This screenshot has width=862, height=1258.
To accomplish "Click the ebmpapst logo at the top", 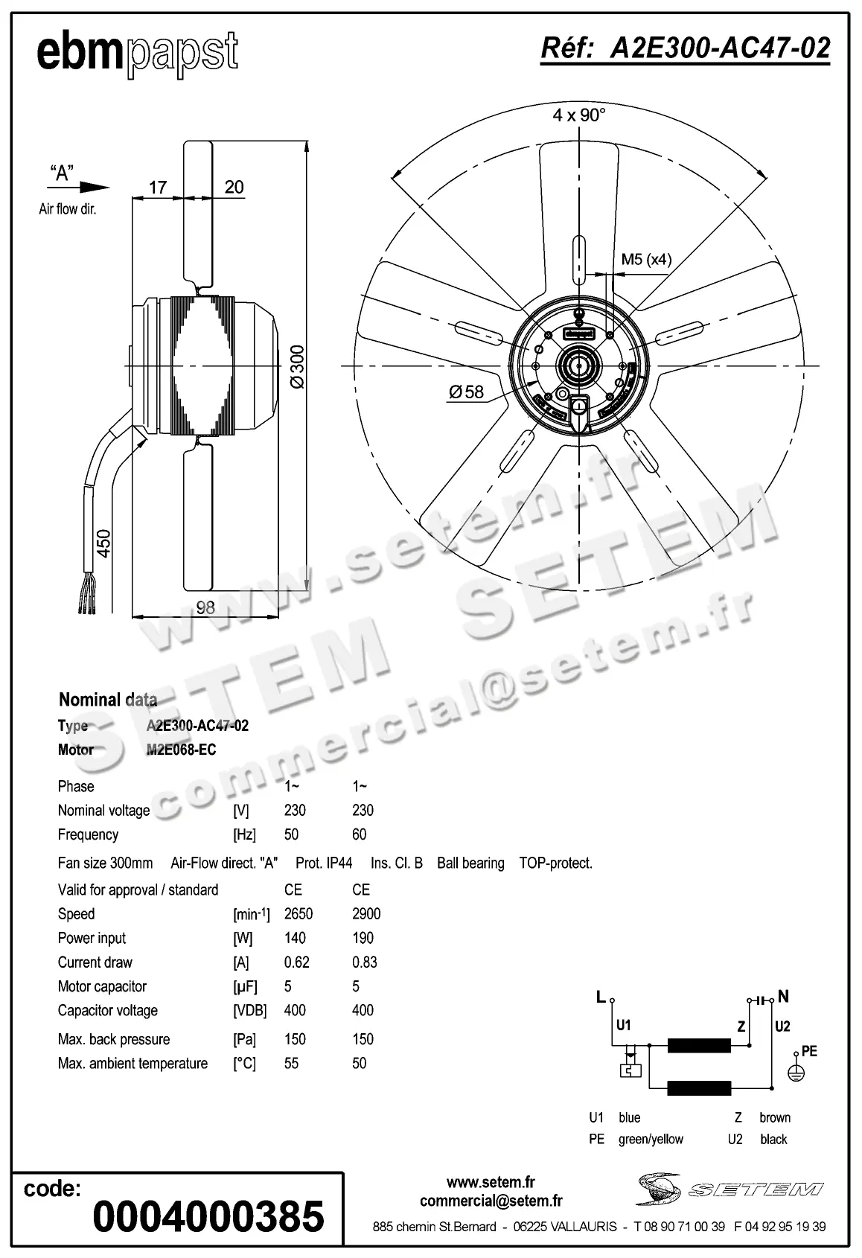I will [138, 54].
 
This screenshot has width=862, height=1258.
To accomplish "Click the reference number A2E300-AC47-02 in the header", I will [720, 48].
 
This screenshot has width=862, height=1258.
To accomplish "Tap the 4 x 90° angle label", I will [579, 115].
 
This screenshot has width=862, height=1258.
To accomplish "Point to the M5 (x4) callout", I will [646, 259].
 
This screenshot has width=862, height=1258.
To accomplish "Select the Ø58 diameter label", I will [466, 391].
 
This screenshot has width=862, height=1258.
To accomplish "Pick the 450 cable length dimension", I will [103, 544].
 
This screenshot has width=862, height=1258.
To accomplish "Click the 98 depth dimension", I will [205, 607].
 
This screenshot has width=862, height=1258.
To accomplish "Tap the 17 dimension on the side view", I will [158, 187].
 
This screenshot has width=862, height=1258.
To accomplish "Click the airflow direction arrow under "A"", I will [92, 188].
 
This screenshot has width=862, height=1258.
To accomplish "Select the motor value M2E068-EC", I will [181, 750].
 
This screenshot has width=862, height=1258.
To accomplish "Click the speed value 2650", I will [298, 913].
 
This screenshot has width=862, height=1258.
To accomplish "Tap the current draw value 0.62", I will [296, 962].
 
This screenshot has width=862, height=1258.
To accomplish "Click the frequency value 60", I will [359, 834].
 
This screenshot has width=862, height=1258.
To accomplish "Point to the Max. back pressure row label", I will [114, 1039].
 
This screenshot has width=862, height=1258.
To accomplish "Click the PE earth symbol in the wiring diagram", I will [796, 1073].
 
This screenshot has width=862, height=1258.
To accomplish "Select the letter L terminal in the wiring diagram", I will [601, 997].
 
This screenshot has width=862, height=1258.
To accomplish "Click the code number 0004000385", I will [208, 1216].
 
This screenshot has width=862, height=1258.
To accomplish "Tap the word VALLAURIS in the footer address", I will [584, 1226].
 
